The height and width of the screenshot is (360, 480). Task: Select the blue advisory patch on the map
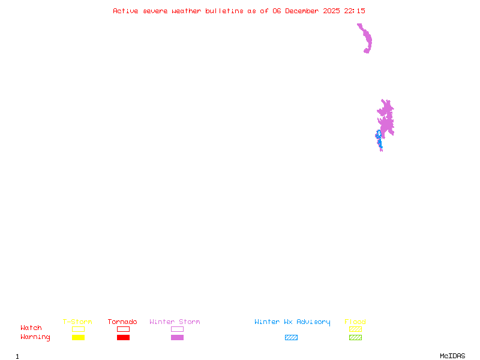pyautogui.click(x=379, y=137)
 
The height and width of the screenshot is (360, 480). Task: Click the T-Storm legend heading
pyautogui.click(x=77, y=322)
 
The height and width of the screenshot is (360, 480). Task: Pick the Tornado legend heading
pyautogui.click(x=122, y=322)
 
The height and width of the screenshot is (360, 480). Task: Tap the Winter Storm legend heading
pyautogui.click(x=175, y=322)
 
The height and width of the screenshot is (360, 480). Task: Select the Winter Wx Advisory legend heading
pyautogui.click(x=292, y=322)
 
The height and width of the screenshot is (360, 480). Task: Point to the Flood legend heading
pyautogui.click(x=355, y=322)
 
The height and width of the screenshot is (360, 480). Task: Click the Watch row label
pyautogui.click(x=31, y=328)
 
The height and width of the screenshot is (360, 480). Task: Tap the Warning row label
pyautogui.click(x=35, y=337)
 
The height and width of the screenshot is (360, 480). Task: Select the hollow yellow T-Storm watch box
pyautogui.click(x=78, y=329)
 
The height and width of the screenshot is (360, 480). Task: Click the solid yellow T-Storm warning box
pyautogui.click(x=78, y=338)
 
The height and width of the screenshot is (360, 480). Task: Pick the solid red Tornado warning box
pyautogui.click(x=123, y=338)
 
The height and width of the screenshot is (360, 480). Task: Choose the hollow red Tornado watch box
pyautogui.click(x=123, y=329)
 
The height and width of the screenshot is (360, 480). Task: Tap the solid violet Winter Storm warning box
pyautogui.click(x=177, y=338)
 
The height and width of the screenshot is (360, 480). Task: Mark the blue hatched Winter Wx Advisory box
pyautogui.click(x=291, y=338)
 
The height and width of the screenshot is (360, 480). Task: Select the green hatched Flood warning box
pyautogui.click(x=355, y=338)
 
